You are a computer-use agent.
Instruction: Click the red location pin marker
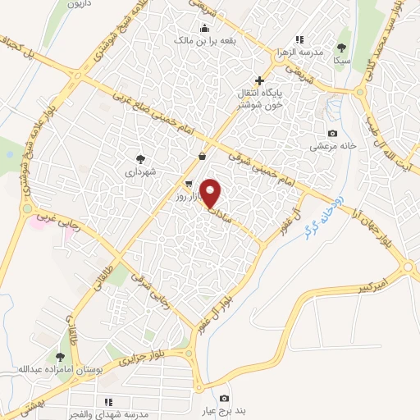[x=211, y=193]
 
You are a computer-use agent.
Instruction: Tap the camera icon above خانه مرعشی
[x=332, y=134]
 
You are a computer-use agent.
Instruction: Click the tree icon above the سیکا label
[x=342, y=48]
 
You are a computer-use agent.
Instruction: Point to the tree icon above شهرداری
[x=140, y=159]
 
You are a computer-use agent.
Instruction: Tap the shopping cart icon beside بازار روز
[x=189, y=184]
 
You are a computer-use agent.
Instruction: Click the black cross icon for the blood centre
[x=259, y=80]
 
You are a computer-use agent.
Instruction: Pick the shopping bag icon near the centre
[x=202, y=156]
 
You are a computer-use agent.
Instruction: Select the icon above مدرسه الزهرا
[x=299, y=39]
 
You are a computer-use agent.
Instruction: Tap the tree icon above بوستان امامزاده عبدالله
[x=59, y=356]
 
